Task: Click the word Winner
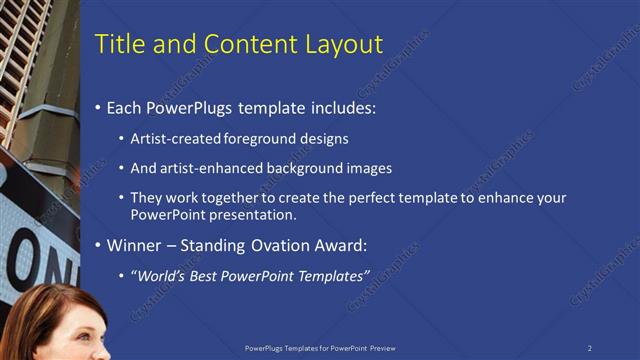(x=135, y=245)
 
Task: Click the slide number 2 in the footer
(x=590, y=348)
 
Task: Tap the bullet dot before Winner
(x=97, y=246)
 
